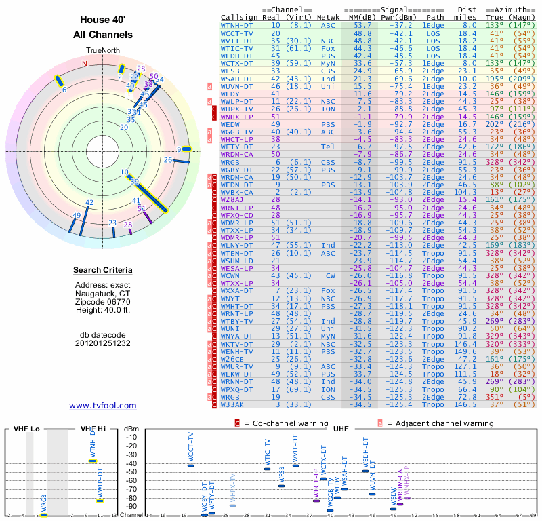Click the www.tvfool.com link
click(x=102, y=406)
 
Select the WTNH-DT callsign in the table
click(x=237, y=25)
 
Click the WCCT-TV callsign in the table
click(x=237, y=33)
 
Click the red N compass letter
click(x=85, y=64)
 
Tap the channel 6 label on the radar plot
click(x=64, y=89)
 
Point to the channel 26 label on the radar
click(x=167, y=159)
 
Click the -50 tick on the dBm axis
click(x=131, y=471)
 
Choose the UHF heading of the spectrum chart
click(x=341, y=429)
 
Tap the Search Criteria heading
click(x=102, y=271)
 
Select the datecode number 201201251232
click(x=102, y=343)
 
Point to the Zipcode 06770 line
click(x=102, y=302)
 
